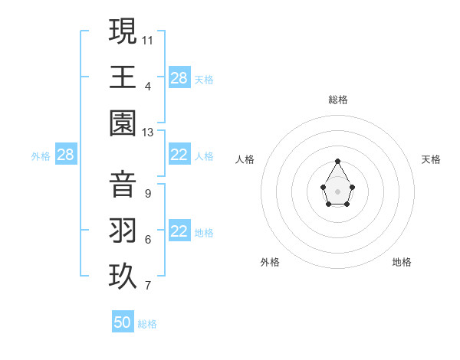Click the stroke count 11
click(x=148, y=40)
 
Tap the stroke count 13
click(x=148, y=133)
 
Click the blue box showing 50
click(x=123, y=322)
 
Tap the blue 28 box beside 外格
click(x=66, y=155)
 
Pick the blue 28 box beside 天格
click(x=179, y=78)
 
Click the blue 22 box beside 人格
click(x=179, y=155)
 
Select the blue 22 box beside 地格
click(x=179, y=232)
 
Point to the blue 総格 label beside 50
click(x=147, y=324)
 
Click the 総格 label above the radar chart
click(x=338, y=100)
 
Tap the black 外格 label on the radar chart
click(x=270, y=262)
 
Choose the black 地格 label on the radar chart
click(x=402, y=262)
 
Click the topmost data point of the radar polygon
click(x=338, y=161)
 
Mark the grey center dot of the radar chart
click(x=338, y=191)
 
